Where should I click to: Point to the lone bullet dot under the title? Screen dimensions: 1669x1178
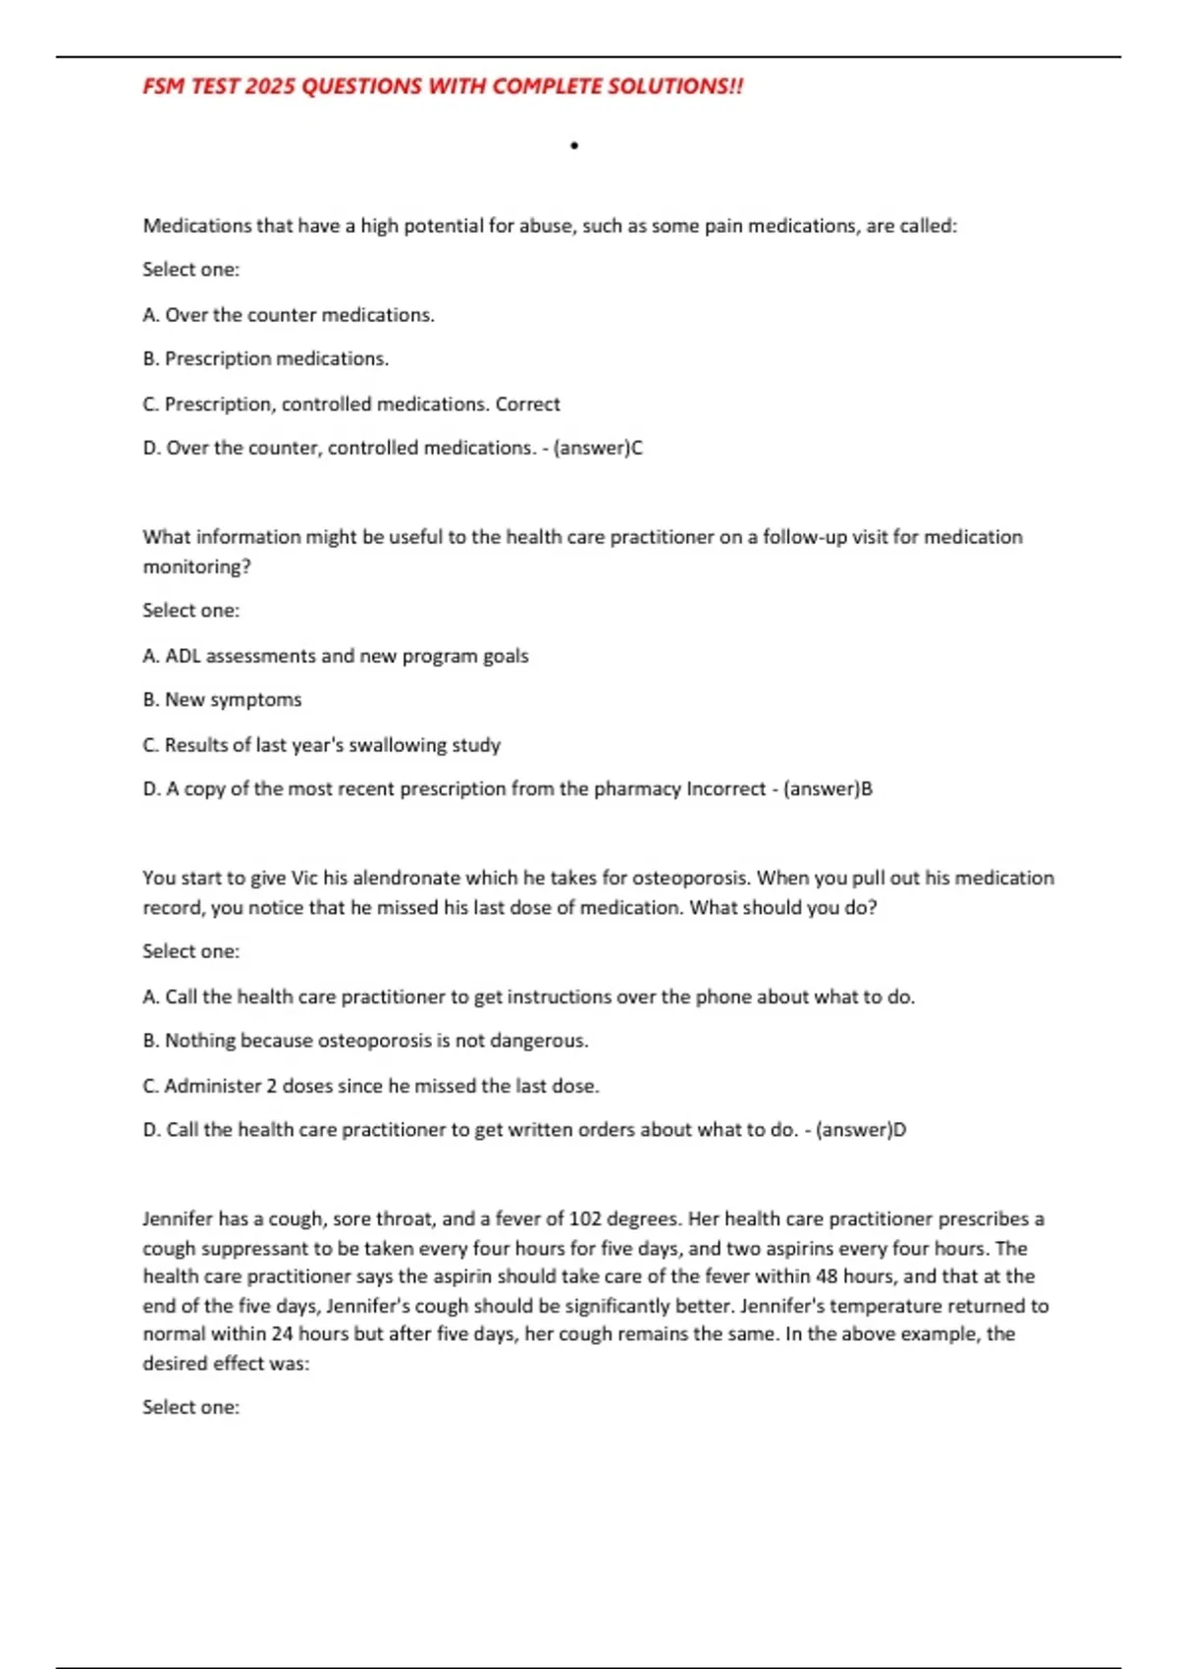coord(574,146)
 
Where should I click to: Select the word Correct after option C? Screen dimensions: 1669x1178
coord(527,404)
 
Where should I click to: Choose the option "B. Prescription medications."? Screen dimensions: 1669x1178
coord(266,358)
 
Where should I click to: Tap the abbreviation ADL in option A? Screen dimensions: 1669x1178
coord(183,656)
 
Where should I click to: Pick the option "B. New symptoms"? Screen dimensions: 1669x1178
coord(222,699)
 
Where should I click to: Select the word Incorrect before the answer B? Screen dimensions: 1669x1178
coord(725,788)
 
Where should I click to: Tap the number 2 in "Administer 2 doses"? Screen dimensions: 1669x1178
coord(272,1086)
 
